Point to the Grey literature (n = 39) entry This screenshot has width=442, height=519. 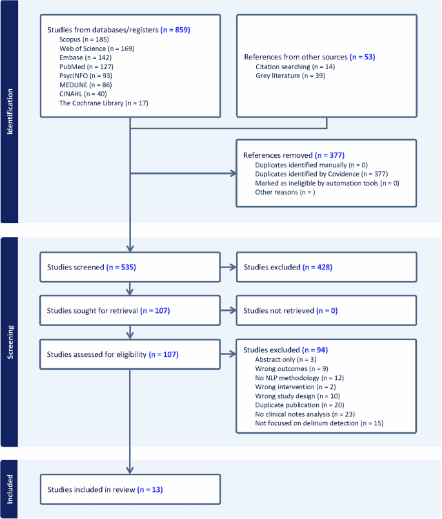(290, 76)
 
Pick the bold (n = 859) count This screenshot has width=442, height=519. (175, 30)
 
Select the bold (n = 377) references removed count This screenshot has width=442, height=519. (329, 156)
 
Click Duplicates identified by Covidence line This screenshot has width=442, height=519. (321, 174)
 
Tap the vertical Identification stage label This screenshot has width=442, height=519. (10, 111)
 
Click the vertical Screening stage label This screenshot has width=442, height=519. (10, 342)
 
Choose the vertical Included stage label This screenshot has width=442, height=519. (10, 489)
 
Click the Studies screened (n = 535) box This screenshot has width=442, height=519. (130, 267)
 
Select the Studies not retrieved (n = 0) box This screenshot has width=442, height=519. (326, 311)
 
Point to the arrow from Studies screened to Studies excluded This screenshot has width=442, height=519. (228, 267)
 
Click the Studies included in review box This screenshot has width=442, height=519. (130, 490)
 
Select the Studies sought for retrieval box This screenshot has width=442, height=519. (130, 311)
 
